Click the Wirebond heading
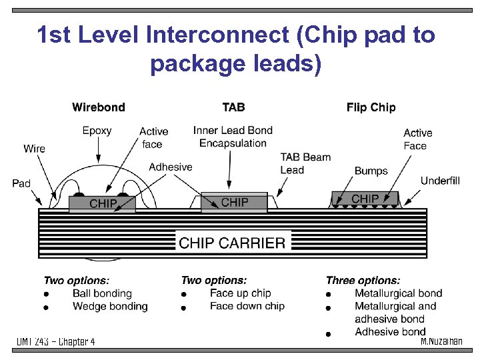(x=98, y=107)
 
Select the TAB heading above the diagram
(x=233, y=107)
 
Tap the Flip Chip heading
(x=371, y=107)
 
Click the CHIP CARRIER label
(x=232, y=243)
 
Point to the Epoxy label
(x=97, y=131)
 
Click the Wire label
(x=34, y=149)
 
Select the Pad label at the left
(x=21, y=183)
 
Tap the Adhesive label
(x=171, y=167)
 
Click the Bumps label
(x=371, y=171)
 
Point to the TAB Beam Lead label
(x=305, y=163)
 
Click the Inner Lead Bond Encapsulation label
(x=233, y=137)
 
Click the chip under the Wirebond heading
(x=103, y=203)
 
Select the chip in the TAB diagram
(x=234, y=202)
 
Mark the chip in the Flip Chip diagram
(x=365, y=199)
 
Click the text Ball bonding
(x=102, y=293)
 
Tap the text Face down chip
(x=247, y=306)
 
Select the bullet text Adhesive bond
(x=390, y=331)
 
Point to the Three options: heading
(x=363, y=281)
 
